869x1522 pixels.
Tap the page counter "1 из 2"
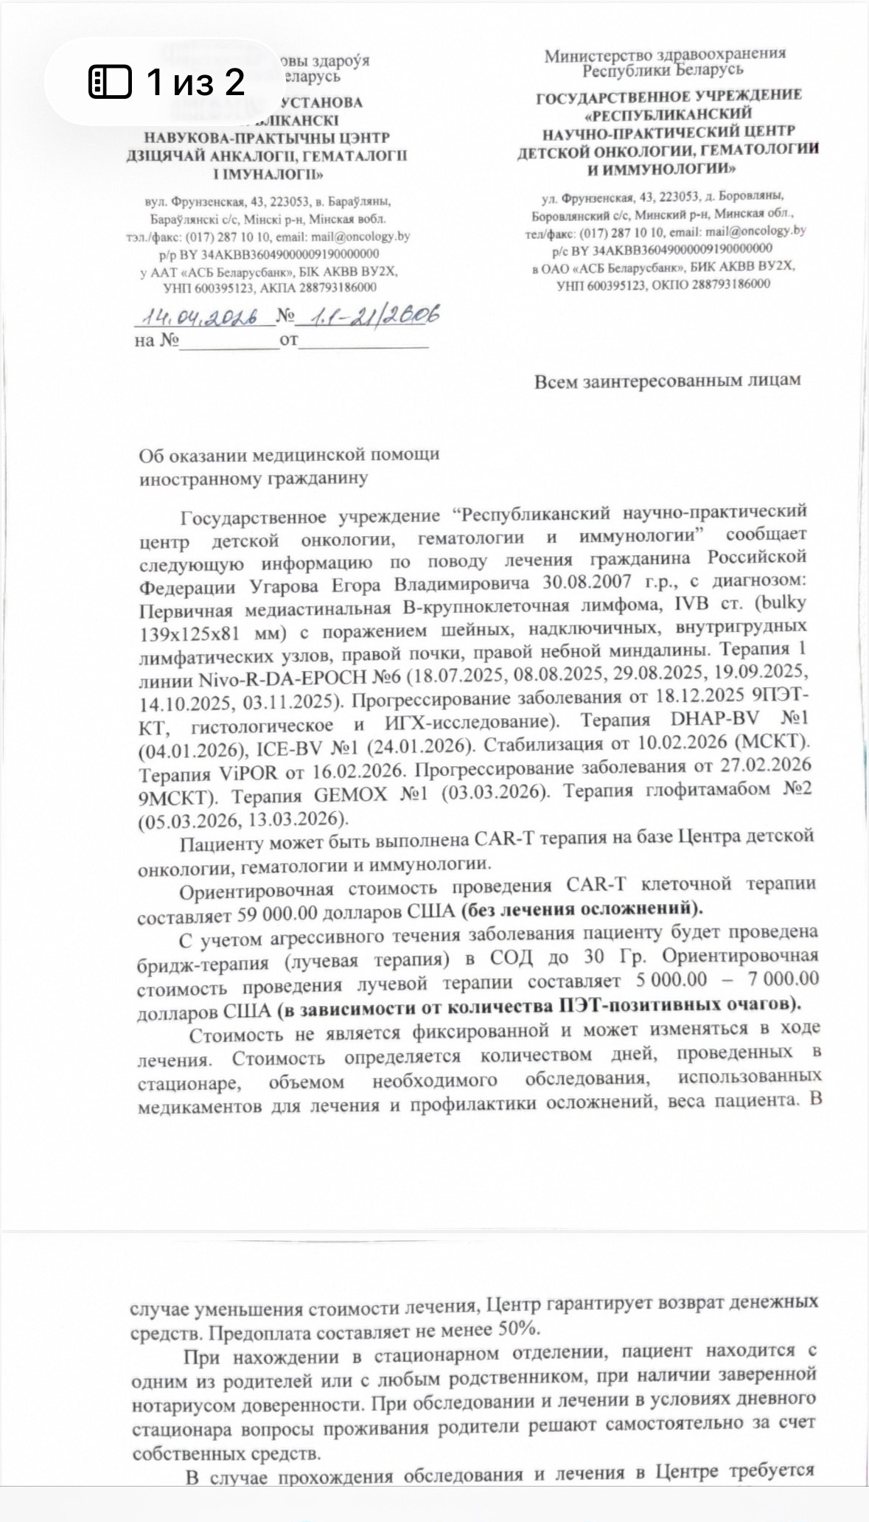[195, 81]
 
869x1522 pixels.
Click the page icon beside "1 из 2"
[110, 81]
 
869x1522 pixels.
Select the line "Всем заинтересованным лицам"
[667, 380]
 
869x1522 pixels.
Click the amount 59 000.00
[278, 913]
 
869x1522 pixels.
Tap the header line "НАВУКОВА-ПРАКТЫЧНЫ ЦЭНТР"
[267, 138]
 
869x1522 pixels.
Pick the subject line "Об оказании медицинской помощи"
[289, 455]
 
